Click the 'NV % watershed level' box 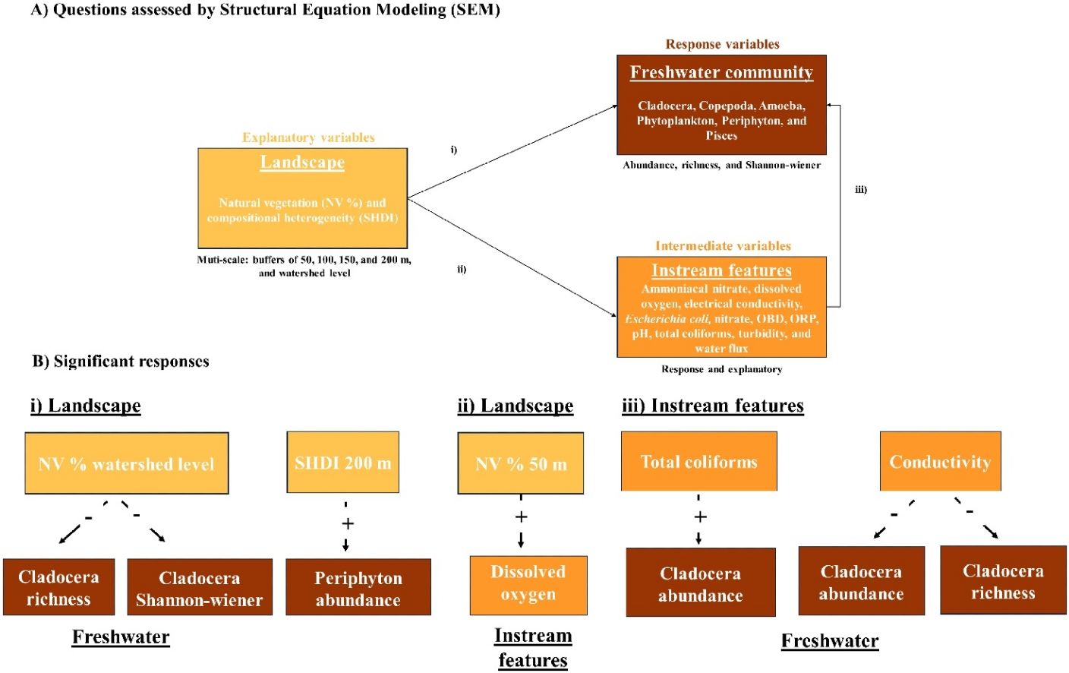tap(127, 463)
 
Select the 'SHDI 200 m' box tap(343, 462)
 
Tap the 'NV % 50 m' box tap(521, 463)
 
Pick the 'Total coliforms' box tap(699, 461)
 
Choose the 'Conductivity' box tap(941, 461)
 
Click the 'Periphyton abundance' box tap(358, 587)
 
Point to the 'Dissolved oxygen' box tap(528, 585)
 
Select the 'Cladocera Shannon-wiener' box tap(200, 587)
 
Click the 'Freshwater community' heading tap(721, 73)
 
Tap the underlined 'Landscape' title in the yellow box tap(303, 163)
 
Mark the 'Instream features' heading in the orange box tap(721, 270)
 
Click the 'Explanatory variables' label tap(308, 137)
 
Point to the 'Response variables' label tap(723, 44)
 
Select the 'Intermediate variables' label tap(723, 246)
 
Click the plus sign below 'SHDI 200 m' tap(348, 523)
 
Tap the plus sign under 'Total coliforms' tap(700, 517)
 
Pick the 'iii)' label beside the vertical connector tap(861, 189)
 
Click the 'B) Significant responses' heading tap(121, 362)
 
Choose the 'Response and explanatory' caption tap(721, 369)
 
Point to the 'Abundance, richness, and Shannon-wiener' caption tap(721, 165)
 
